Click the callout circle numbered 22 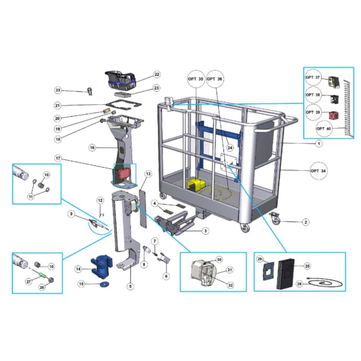(156, 74)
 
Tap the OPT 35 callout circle (196, 79)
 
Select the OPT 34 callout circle (319, 171)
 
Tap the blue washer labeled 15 (104, 284)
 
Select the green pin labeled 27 (42, 275)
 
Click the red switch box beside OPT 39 (333, 116)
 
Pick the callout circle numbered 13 (148, 174)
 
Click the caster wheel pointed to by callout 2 (275, 218)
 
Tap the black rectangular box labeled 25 (286, 274)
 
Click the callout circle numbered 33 (58, 90)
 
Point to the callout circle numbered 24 (230, 148)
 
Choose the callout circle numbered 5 (130, 286)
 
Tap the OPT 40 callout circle (324, 129)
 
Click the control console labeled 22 (120, 79)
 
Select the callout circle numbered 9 (71, 214)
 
